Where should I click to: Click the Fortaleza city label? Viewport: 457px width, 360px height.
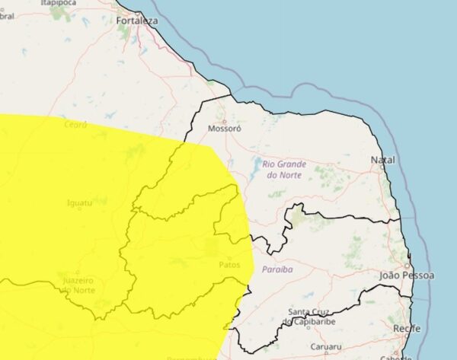pyautogui.click(x=138, y=21)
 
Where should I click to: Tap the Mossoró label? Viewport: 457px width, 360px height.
pyautogui.click(x=225, y=129)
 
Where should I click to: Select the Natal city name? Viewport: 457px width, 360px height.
pyautogui.click(x=383, y=160)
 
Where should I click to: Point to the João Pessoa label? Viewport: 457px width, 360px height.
pyautogui.click(x=407, y=275)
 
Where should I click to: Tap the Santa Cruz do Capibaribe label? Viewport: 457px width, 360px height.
pyautogui.click(x=312, y=317)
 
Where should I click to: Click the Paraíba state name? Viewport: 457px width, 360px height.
pyautogui.click(x=277, y=269)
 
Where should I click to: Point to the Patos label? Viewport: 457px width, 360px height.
pyautogui.click(x=229, y=264)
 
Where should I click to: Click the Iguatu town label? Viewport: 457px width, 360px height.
pyautogui.click(x=80, y=203)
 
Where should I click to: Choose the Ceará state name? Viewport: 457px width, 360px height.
pyautogui.click(x=76, y=124)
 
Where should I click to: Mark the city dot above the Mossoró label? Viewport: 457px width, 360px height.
pyautogui.click(x=224, y=119)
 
